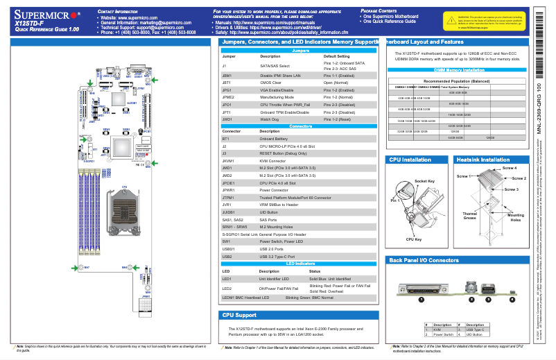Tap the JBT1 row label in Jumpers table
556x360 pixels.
click(x=226, y=82)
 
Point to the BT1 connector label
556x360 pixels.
click(x=225, y=139)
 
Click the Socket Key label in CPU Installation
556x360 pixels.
click(x=424, y=181)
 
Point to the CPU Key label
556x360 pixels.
click(x=414, y=239)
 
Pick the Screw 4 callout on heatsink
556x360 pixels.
click(x=510, y=168)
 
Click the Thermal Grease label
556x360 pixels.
click(x=470, y=216)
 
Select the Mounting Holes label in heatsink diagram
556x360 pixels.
click(x=516, y=218)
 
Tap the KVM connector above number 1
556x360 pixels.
click(x=421, y=286)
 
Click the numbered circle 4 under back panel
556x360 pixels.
click(x=512, y=300)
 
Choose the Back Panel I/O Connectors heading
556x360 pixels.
click(x=424, y=261)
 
